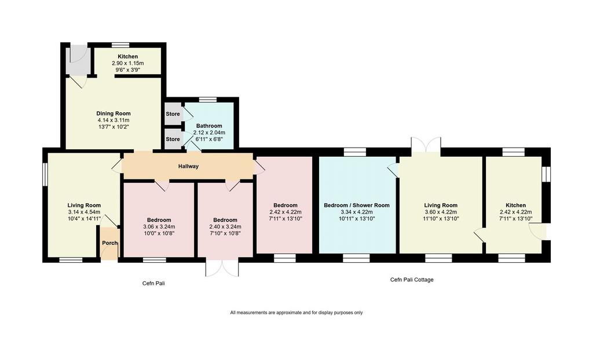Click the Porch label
point(109,243)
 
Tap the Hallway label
point(188,166)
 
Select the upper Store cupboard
point(173,114)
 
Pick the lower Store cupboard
point(173,139)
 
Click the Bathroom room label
point(209,126)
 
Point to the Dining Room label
point(114,113)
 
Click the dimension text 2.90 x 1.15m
point(128,63)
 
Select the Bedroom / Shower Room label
point(357,205)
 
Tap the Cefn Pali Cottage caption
point(412,280)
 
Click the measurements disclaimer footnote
point(296,313)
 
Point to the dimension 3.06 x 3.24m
point(159,226)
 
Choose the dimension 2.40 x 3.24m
point(225,226)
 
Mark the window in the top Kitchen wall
point(120,45)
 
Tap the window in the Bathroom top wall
point(208,100)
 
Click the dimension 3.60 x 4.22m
point(441,212)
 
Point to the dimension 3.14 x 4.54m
point(84,212)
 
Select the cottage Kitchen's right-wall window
point(546,174)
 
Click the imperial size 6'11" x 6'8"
point(209,139)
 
